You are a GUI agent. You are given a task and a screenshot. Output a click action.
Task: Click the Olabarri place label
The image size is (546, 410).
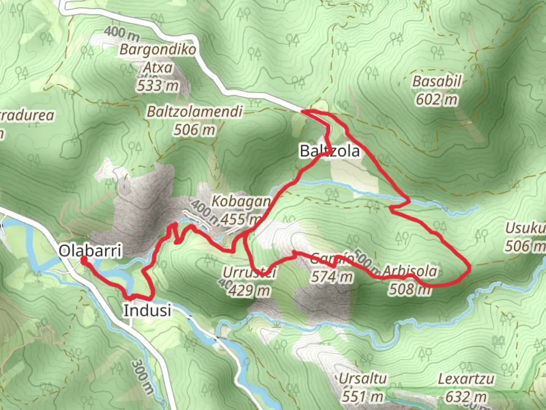click(90, 251)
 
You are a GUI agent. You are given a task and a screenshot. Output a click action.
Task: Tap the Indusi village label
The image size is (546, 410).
click(147, 311)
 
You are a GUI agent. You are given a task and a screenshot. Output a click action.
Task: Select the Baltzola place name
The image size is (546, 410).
click(329, 151)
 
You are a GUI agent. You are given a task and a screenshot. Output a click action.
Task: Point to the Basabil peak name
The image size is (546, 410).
click(437, 81)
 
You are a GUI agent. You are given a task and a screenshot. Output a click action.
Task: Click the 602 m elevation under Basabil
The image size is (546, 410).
click(437, 99)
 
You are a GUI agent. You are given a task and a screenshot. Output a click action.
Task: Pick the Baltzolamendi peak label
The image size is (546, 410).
click(195, 112)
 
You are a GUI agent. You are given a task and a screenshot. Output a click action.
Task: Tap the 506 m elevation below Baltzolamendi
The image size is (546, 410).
click(195, 130)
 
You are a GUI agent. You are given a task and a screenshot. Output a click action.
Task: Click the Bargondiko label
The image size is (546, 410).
click(158, 50)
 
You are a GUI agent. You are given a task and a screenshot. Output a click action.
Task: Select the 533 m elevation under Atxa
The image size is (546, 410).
click(158, 86)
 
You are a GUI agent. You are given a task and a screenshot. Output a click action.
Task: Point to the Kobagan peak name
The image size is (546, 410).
click(241, 201)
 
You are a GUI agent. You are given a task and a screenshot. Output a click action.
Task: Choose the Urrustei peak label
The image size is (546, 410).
click(249, 272)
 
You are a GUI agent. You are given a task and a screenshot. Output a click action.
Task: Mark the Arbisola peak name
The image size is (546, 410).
click(410, 271)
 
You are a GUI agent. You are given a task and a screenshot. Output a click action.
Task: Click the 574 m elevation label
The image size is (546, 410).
click(332, 277)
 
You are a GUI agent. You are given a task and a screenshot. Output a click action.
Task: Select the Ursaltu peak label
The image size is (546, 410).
click(362, 378)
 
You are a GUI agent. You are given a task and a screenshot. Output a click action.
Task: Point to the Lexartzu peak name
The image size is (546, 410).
click(466, 379)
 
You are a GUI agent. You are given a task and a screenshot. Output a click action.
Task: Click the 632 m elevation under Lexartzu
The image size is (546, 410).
click(466, 397)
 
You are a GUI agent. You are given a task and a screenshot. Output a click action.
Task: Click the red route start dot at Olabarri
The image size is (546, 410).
click(83, 259)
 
